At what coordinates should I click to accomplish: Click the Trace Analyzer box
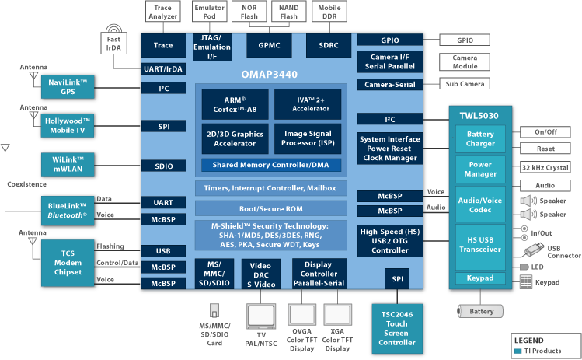[x=163, y=11]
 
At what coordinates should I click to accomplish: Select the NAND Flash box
[x=289, y=11]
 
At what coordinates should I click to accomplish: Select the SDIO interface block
[x=163, y=165]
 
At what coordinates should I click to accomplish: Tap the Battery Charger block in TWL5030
[x=479, y=139]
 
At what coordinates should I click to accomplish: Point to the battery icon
[x=480, y=310]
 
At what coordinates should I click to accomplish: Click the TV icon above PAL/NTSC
[x=256, y=315]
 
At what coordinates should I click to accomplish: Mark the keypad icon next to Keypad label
[x=526, y=281]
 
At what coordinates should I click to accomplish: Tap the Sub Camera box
[x=465, y=83]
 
